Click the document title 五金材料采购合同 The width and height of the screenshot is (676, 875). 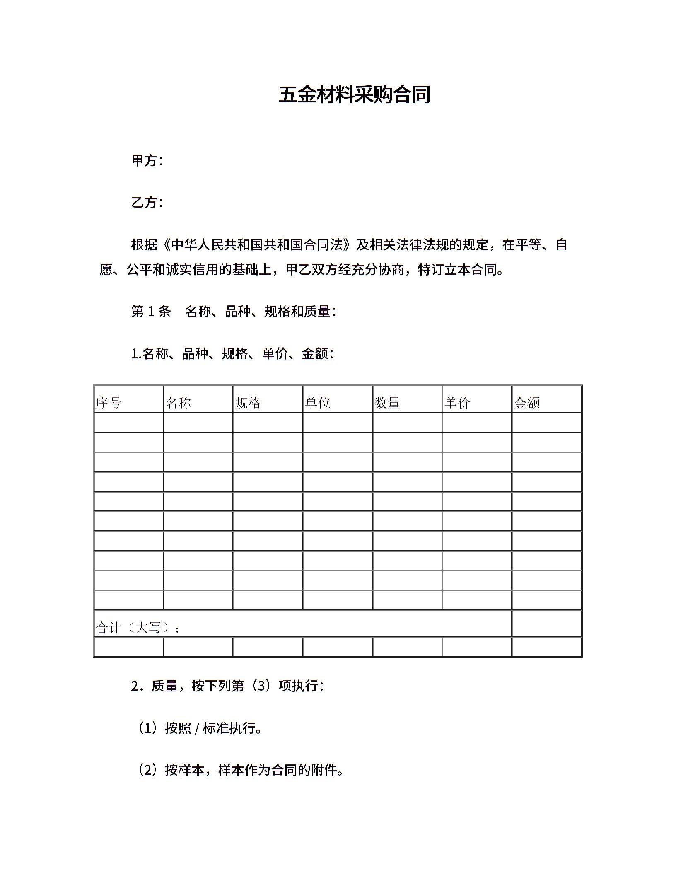coord(355,95)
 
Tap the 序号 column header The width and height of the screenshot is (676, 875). coord(109,403)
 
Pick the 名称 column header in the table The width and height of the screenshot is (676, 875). coord(178,403)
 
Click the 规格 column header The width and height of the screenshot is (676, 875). coord(248,403)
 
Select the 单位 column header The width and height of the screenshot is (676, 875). coord(318,403)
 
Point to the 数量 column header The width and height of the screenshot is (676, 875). coord(387,403)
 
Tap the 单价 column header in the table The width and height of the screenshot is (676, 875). coord(457,403)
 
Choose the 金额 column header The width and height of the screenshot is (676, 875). coord(527,403)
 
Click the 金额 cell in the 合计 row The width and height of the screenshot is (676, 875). coord(547,623)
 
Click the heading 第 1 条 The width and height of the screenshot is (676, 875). coord(151,311)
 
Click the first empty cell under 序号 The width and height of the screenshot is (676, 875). coord(128,423)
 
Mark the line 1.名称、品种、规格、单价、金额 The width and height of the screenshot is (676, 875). coord(232,353)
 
